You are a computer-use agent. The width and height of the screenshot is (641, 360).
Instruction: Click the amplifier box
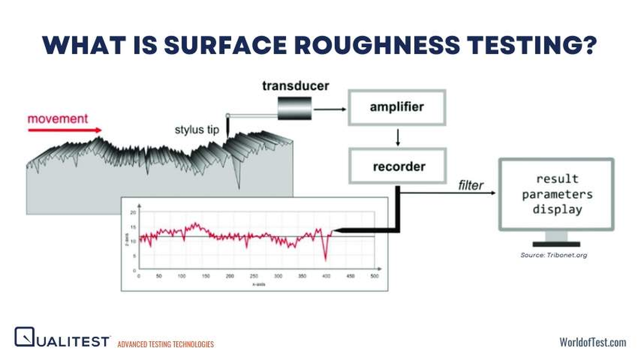[x=397, y=107]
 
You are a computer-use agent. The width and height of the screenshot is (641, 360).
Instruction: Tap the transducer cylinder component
[x=294, y=109]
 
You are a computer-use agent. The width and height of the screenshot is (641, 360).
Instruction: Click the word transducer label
[x=295, y=85]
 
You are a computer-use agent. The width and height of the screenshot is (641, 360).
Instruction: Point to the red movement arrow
[x=65, y=130]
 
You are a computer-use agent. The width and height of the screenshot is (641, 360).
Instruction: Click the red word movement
[x=58, y=118]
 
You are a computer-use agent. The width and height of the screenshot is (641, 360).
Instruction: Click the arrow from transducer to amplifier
[x=329, y=109]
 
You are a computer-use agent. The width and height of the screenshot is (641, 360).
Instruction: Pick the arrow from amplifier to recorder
[x=397, y=137]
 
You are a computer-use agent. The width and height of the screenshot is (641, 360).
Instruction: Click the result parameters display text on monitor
[x=557, y=194]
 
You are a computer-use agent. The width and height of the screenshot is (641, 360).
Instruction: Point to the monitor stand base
[x=556, y=244]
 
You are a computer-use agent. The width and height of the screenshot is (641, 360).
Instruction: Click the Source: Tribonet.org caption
[x=554, y=255]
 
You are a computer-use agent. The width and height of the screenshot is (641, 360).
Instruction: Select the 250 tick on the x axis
[x=254, y=276]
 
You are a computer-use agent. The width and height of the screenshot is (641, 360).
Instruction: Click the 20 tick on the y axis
[x=133, y=212]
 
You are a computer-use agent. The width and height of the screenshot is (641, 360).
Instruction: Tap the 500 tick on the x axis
[x=374, y=276]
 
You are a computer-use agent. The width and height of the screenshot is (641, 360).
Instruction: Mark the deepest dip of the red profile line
[x=326, y=259]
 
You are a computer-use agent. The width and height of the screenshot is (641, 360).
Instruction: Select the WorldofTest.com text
[x=592, y=342]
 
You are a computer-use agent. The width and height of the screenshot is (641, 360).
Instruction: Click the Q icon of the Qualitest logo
[x=24, y=337]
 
